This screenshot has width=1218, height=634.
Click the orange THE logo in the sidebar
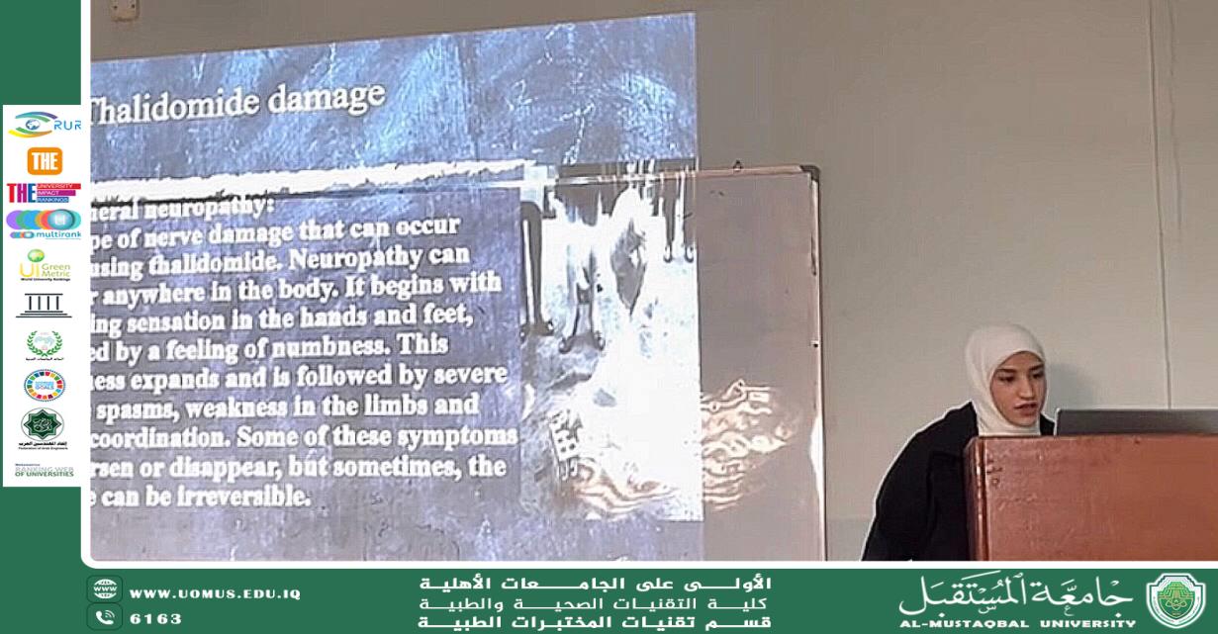pyautogui.click(x=45, y=160)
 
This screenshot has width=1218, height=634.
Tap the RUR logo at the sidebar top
pyautogui.click(x=44, y=126)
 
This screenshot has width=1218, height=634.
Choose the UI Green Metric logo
pyautogui.click(x=45, y=264)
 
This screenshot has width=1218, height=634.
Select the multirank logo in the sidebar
pyautogui.click(x=45, y=224)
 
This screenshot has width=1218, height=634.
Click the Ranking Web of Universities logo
pyautogui.click(x=45, y=471)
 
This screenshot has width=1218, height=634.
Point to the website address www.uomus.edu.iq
pyautogui.click(x=215, y=593)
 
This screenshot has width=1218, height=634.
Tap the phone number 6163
pyautogui.click(x=156, y=619)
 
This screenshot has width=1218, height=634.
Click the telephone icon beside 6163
pyautogui.click(x=104, y=618)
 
